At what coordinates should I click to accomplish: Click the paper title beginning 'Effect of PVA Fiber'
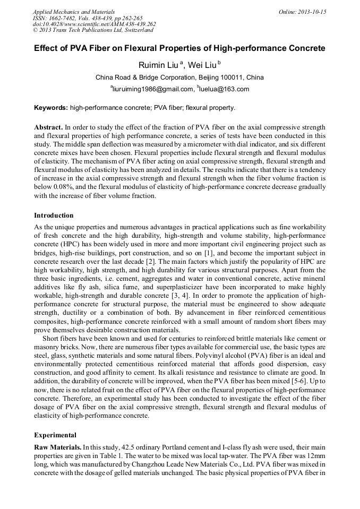tap(179, 48)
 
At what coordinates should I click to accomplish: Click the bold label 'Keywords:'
tap(51, 108)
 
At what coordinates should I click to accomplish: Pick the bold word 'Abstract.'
tap(48, 128)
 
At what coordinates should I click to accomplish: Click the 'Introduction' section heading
tap(54, 215)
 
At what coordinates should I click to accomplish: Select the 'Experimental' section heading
tap(55, 435)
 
